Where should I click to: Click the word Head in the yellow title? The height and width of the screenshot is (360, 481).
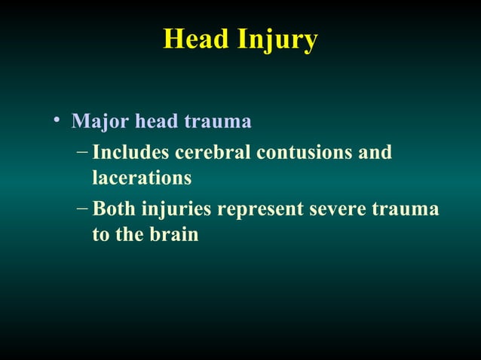point(197,40)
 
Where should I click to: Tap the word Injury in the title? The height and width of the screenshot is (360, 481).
point(277,41)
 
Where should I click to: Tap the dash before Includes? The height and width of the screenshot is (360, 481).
point(82,151)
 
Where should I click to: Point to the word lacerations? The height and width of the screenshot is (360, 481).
point(141,178)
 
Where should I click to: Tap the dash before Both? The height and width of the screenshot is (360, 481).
point(82,206)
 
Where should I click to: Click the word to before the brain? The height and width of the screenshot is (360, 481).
point(100,235)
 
